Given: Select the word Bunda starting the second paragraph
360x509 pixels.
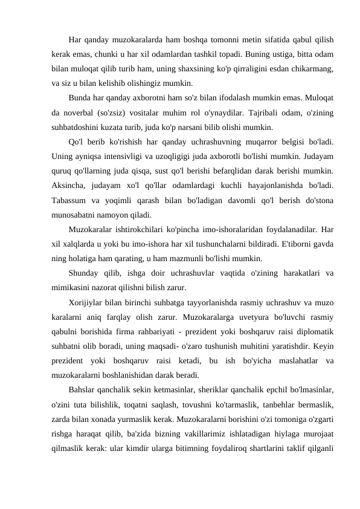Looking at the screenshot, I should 80,97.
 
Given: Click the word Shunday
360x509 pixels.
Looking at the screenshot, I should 85,273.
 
